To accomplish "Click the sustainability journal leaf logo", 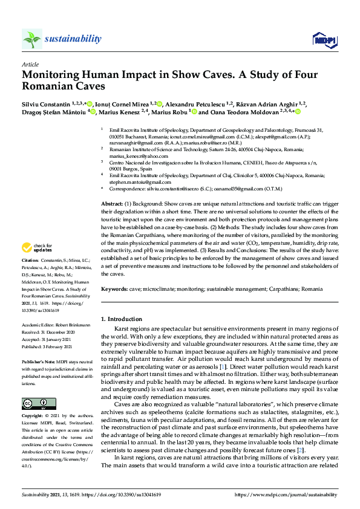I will (x=32, y=39).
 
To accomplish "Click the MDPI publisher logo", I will (x=323, y=40).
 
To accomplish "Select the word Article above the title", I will (x=30, y=63).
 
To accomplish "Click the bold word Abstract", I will (x=112, y=204).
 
